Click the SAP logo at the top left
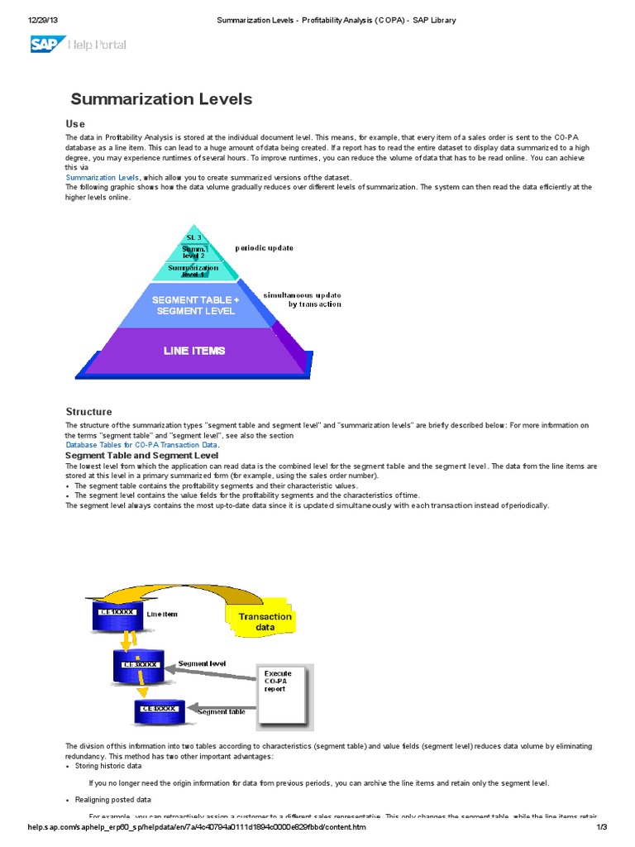pos(46,44)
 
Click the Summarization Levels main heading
pos(161,99)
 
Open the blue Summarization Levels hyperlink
pos(103,177)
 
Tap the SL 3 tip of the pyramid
pos(193,237)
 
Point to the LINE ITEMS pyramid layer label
pos(194,351)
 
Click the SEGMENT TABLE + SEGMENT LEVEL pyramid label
pos(193,304)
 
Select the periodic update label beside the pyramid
pos(264,247)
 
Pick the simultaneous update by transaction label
pos(302,299)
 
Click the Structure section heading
pos(88,412)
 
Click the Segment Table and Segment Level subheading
pos(141,456)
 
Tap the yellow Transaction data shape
pos(265,621)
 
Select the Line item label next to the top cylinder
pos(162,615)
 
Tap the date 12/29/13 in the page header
pos(41,20)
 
